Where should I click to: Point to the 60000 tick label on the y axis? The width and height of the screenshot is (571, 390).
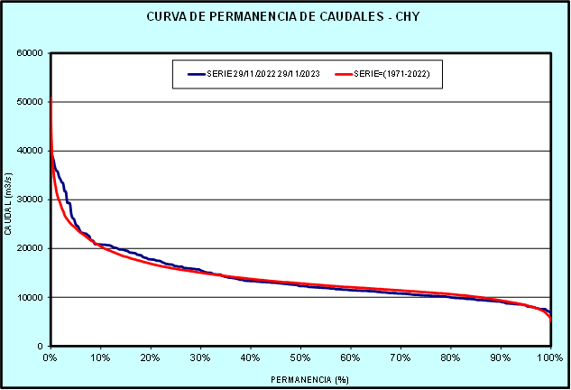pos(30,52)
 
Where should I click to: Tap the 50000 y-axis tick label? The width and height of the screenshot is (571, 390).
pos(30,102)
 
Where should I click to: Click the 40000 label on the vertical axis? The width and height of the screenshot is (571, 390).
pos(30,151)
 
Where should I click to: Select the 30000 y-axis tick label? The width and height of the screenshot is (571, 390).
pos(30,200)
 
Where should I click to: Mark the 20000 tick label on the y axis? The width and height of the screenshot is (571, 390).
pos(30,248)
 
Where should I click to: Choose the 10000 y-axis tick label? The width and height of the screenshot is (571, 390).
pos(30,297)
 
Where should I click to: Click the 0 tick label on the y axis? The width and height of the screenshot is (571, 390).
pos(41,346)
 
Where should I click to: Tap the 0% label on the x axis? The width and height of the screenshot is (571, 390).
pos(51,357)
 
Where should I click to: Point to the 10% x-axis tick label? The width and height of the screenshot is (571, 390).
pos(101,357)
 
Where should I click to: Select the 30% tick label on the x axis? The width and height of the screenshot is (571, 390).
pos(200,357)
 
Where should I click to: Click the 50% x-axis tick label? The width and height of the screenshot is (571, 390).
pos(300,357)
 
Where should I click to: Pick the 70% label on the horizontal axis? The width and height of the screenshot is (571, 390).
pos(401,357)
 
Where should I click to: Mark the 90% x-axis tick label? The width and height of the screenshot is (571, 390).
pos(501,357)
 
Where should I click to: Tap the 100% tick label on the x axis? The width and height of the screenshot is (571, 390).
pos(549,357)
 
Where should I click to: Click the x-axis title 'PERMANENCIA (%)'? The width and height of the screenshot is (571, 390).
pos(300,379)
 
